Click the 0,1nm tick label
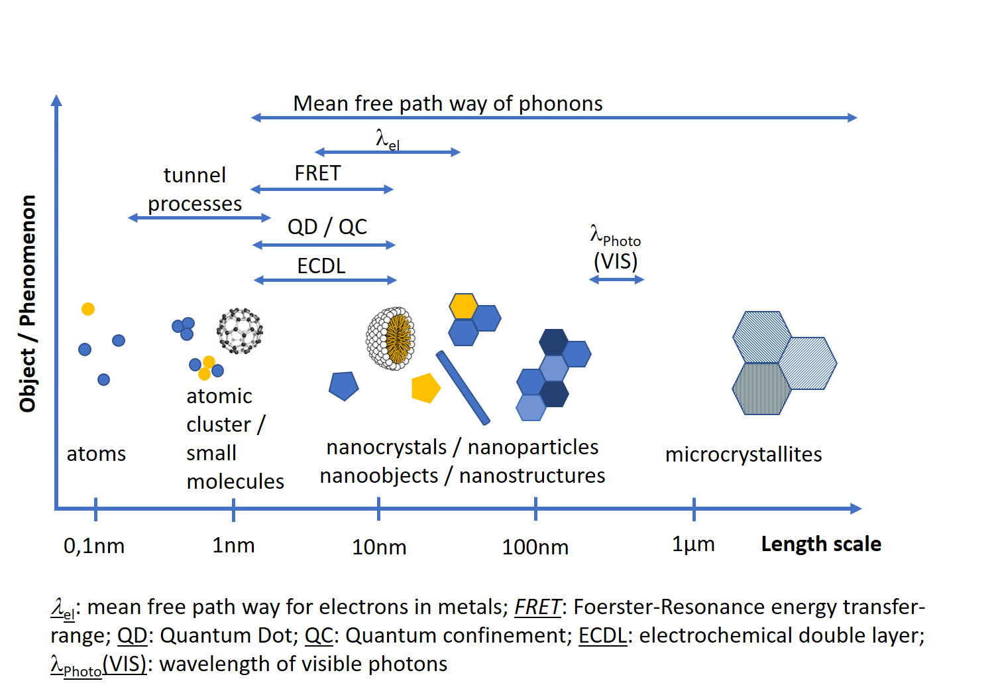pos(94,546)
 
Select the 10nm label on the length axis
pos(379,547)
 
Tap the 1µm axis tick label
pos(693,544)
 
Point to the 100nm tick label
pos(535,547)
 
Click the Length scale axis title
pos(821,544)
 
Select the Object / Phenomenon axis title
pos(27,303)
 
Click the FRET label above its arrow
pos(317,173)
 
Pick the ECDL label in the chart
pos(321,266)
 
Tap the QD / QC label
pos(327,227)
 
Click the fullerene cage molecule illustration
pos(240,330)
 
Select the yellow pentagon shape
pos(425,389)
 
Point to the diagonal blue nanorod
pos(463,387)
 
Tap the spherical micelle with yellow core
pos(391,338)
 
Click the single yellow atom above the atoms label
pos(88,309)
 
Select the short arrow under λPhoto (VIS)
pos(616,280)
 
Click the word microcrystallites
pos(744,454)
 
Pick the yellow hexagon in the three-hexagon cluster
pos(463,306)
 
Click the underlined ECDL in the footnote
pos(602,635)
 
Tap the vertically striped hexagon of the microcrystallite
pos(761,389)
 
